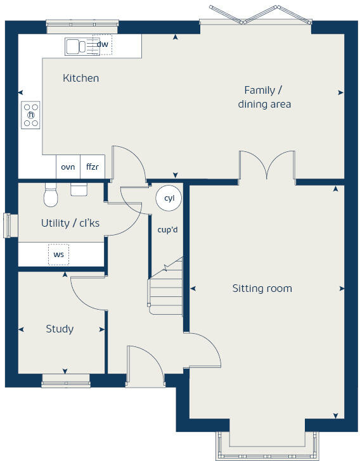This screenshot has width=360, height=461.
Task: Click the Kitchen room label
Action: [80, 79]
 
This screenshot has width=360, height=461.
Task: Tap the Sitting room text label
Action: [262, 288]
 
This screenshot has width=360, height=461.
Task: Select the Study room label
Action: [60, 329]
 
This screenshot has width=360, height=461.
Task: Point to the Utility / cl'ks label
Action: [70, 223]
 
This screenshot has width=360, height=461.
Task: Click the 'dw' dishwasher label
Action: [102, 44]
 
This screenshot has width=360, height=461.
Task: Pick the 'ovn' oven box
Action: [68, 167]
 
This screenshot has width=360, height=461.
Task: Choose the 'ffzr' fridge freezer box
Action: [93, 167]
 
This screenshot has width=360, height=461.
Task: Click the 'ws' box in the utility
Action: [59, 255]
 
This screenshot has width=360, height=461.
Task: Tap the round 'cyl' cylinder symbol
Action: [169, 198]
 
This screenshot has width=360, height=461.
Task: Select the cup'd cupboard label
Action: [167, 229]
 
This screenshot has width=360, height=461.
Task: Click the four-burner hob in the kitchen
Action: [30, 115]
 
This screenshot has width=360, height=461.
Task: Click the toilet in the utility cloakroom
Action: [51, 196]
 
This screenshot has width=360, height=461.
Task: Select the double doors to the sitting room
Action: [267, 167]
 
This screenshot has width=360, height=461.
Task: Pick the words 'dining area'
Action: [264, 104]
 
